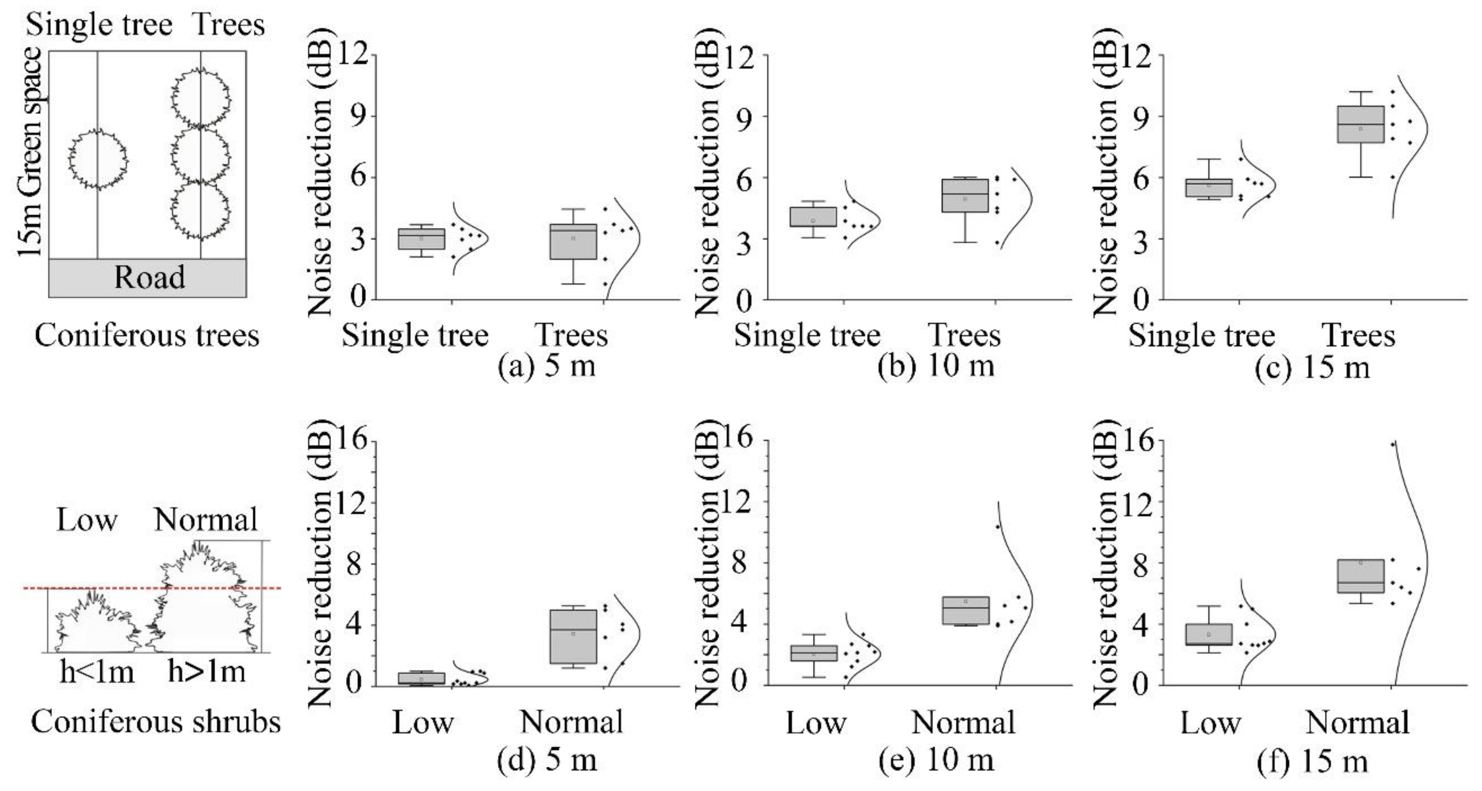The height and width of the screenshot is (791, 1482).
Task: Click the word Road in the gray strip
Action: (149, 278)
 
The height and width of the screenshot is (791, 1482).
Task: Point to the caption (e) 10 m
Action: (936, 760)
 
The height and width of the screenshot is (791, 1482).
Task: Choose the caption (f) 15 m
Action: (1312, 761)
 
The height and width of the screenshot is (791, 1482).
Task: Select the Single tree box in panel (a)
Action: (422, 239)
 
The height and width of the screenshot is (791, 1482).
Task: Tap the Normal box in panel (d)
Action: (573, 636)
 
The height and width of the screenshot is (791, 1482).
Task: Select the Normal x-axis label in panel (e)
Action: (964, 723)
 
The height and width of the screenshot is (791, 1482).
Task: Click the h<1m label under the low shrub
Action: (97, 672)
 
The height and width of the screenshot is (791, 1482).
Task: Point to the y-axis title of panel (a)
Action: (320, 184)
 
